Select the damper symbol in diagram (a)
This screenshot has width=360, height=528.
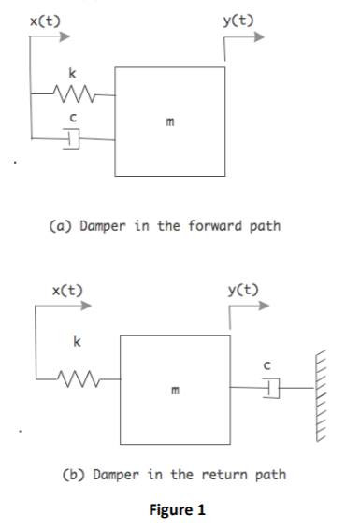(x=74, y=139)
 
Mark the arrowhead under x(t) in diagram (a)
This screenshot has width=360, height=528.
(x=65, y=37)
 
